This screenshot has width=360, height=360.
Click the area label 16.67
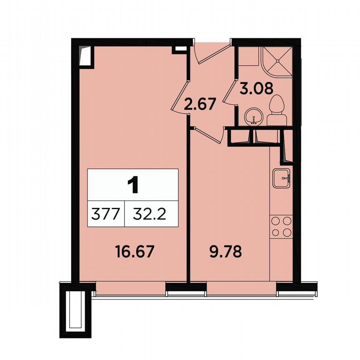pyautogui.click(x=135, y=251)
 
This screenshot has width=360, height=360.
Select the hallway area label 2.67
pyautogui.click(x=200, y=103)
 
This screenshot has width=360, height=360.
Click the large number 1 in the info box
pyautogui.click(x=133, y=185)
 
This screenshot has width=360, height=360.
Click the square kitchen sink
pyautogui.click(x=282, y=178)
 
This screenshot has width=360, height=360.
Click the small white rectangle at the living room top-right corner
pyautogui.click(x=180, y=49)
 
